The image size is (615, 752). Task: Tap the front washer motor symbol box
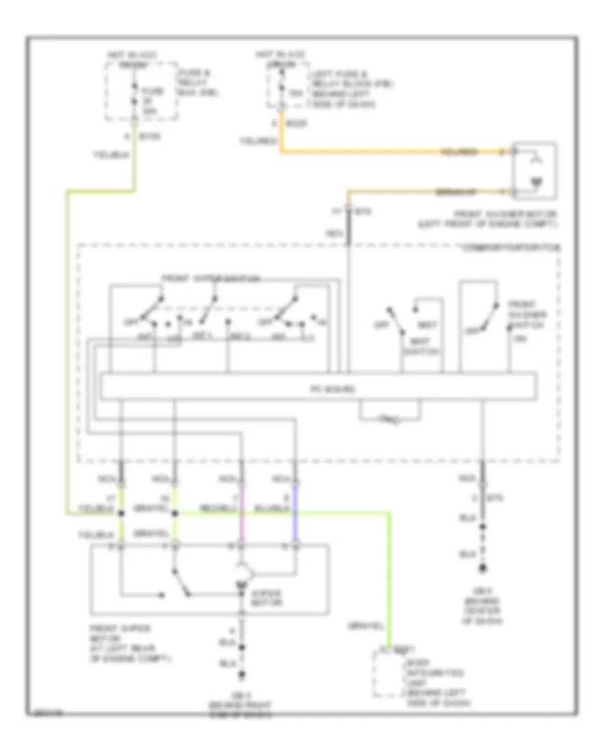pos(535,166)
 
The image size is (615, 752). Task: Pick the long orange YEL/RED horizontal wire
pos(389,151)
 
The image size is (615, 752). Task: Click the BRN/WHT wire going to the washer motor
pos(424,190)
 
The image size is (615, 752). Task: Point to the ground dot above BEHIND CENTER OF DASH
pos(483,568)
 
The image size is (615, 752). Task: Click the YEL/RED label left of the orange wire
pos(258,142)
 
